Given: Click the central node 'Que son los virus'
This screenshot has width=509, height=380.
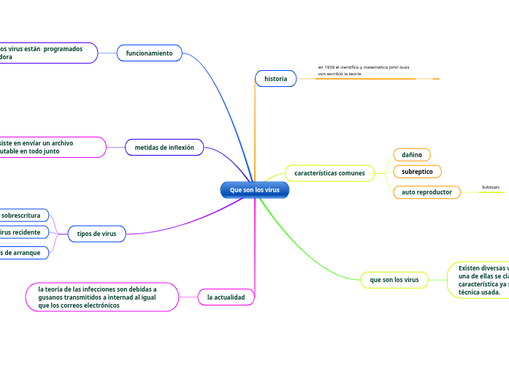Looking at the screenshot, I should coord(255,190).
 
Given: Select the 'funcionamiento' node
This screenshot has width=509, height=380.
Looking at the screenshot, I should coord(149,53).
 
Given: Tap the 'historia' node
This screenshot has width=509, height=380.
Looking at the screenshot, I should coord(275,78).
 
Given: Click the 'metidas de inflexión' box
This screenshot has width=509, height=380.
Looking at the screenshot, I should coord(164,148).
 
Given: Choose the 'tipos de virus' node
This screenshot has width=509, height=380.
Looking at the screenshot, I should coord(96,234).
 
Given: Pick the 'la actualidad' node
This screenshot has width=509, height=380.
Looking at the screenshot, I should coord(226,297).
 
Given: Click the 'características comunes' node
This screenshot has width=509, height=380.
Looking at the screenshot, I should coord(329,173).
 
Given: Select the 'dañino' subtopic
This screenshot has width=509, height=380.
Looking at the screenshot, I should coord(412,155).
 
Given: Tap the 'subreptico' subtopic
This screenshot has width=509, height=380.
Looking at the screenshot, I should coord(417,172).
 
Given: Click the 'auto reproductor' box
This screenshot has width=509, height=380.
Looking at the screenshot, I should coord(426,192).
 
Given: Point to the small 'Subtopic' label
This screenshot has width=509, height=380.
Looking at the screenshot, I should coord(491,187).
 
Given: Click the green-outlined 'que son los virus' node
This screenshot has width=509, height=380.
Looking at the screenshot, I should coord(394,280).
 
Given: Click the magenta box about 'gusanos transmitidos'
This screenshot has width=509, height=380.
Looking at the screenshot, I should coord(102,297).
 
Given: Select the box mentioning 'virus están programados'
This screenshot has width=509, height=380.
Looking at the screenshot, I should coord(47,53).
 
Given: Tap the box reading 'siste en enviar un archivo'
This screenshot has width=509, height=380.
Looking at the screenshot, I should coord(51,147).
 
